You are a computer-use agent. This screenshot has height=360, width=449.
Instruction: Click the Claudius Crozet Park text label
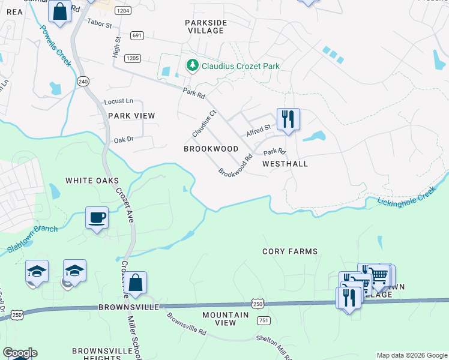[x=241, y=66]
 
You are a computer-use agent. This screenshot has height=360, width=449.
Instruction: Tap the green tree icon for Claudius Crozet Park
[x=193, y=65]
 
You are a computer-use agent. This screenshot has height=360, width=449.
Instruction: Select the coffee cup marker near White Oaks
[x=96, y=218]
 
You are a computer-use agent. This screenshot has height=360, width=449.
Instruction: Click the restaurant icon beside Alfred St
[x=288, y=118]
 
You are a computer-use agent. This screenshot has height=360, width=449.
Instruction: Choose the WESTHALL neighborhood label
[x=285, y=164]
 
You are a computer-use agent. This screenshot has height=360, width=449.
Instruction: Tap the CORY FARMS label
[x=290, y=251]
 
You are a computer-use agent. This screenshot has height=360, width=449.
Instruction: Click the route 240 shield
[x=83, y=81]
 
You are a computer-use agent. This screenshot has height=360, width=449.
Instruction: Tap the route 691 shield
[x=137, y=36]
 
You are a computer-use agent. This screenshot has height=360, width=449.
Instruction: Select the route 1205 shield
[x=133, y=58]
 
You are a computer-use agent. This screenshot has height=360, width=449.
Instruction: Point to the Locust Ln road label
[x=118, y=101]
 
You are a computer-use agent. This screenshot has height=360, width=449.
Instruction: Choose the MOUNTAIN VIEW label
[x=225, y=319]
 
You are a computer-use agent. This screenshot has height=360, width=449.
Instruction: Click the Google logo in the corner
[x=20, y=353]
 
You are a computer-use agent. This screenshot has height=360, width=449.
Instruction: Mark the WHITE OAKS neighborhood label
[x=92, y=181]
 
